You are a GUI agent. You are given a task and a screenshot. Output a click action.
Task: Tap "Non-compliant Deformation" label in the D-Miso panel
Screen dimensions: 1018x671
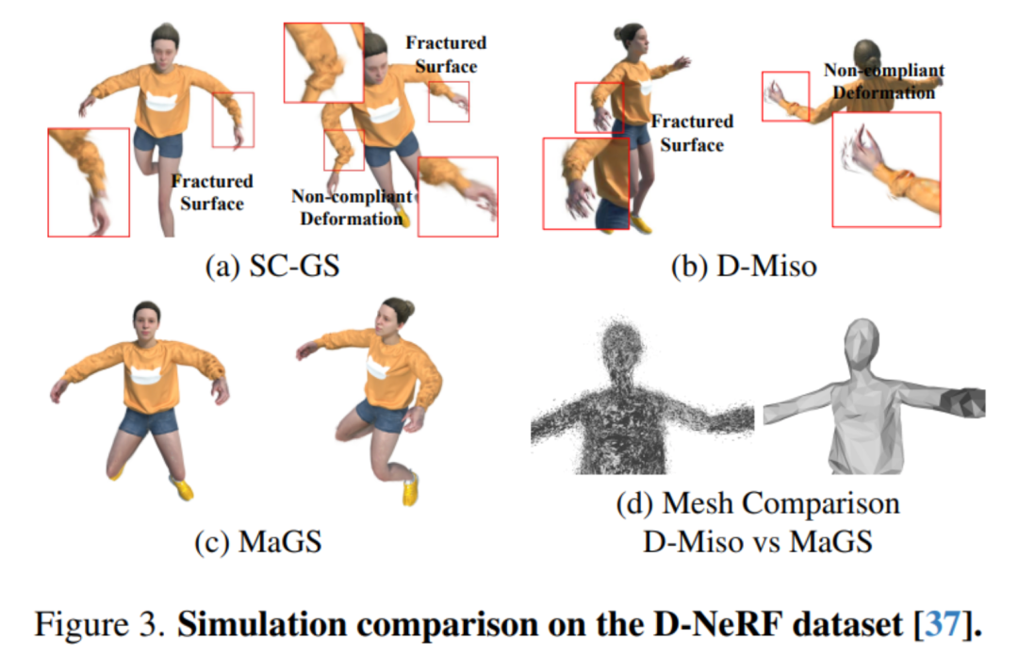pyautogui.click(x=882, y=81)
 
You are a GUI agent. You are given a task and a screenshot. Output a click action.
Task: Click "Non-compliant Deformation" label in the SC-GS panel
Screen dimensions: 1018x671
pyautogui.click(x=351, y=207)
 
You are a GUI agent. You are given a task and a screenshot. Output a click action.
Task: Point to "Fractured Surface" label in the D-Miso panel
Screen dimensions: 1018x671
pyautogui.click(x=692, y=133)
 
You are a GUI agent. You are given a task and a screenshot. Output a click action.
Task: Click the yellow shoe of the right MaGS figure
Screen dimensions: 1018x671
pyautogui.click(x=410, y=489)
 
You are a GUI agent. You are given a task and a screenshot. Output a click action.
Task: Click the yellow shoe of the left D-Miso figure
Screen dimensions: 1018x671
pyautogui.click(x=643, y=223)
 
